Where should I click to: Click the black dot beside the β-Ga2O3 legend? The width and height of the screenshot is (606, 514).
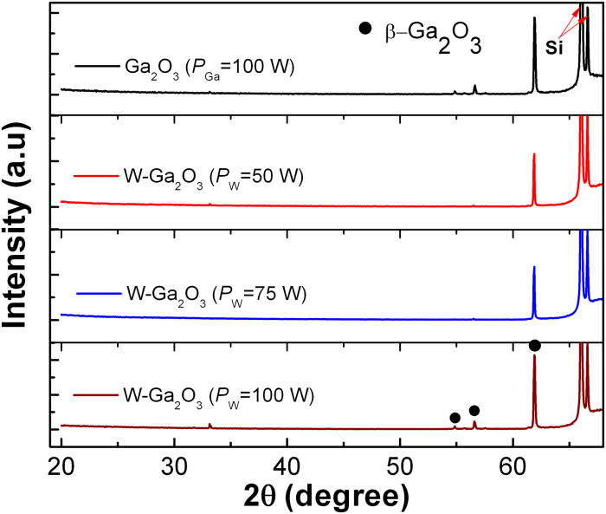(x=364, y=29)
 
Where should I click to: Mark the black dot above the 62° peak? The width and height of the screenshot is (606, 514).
(x=535, y=346)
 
